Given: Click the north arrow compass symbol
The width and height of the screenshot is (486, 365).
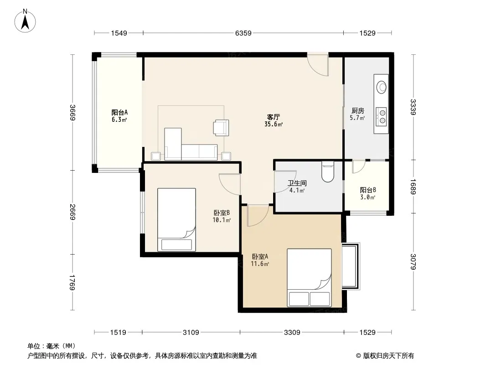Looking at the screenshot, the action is coord(25,21).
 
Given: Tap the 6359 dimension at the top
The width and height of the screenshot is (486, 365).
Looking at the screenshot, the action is coord(243,33).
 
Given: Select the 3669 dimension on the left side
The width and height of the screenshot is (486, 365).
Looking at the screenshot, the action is coord(72,113).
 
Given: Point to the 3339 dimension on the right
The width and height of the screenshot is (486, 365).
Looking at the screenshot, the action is coord(413,107).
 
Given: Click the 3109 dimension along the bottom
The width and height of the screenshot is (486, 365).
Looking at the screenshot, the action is coord(191,333).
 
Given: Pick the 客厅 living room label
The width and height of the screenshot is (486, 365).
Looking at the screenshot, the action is coord(274,117).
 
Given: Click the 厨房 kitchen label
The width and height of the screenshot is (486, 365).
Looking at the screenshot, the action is coord(358,111).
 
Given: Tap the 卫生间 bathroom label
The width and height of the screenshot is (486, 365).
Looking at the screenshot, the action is coord(297,183).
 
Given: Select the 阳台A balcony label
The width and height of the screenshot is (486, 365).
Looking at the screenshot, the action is coord(119,112).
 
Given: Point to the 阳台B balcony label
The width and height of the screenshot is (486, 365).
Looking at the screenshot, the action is coord(368,190).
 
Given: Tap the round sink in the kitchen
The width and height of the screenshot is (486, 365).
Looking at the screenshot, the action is coord(381,87).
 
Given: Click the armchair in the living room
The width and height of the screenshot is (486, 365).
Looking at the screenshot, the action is coord(221,128).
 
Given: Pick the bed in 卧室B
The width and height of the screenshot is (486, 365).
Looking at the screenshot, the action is coord(177,219).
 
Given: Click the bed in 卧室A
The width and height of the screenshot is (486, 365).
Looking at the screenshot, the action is coord(309,277).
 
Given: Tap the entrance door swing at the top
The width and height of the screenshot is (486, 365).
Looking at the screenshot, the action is coord(318,65).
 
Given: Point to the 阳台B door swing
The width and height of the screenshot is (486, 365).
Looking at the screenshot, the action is coord(359,167).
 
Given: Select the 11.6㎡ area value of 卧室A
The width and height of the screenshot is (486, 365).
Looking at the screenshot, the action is coord(260,264).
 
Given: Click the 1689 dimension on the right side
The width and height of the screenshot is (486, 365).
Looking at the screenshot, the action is coord(413,187).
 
